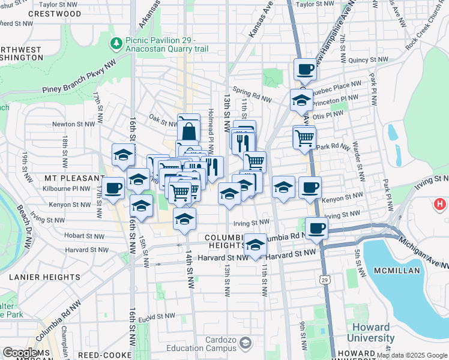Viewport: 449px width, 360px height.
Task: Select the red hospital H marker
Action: click(440, 204)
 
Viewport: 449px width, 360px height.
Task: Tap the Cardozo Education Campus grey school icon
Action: click(244, 342)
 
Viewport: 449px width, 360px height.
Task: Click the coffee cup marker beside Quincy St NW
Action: click(305, 68)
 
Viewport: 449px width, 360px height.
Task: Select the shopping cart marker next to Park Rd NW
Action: click(304, 137)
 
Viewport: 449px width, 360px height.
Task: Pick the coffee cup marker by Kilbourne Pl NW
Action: click(113, 188)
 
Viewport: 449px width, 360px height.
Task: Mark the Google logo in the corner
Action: click(20, 353)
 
